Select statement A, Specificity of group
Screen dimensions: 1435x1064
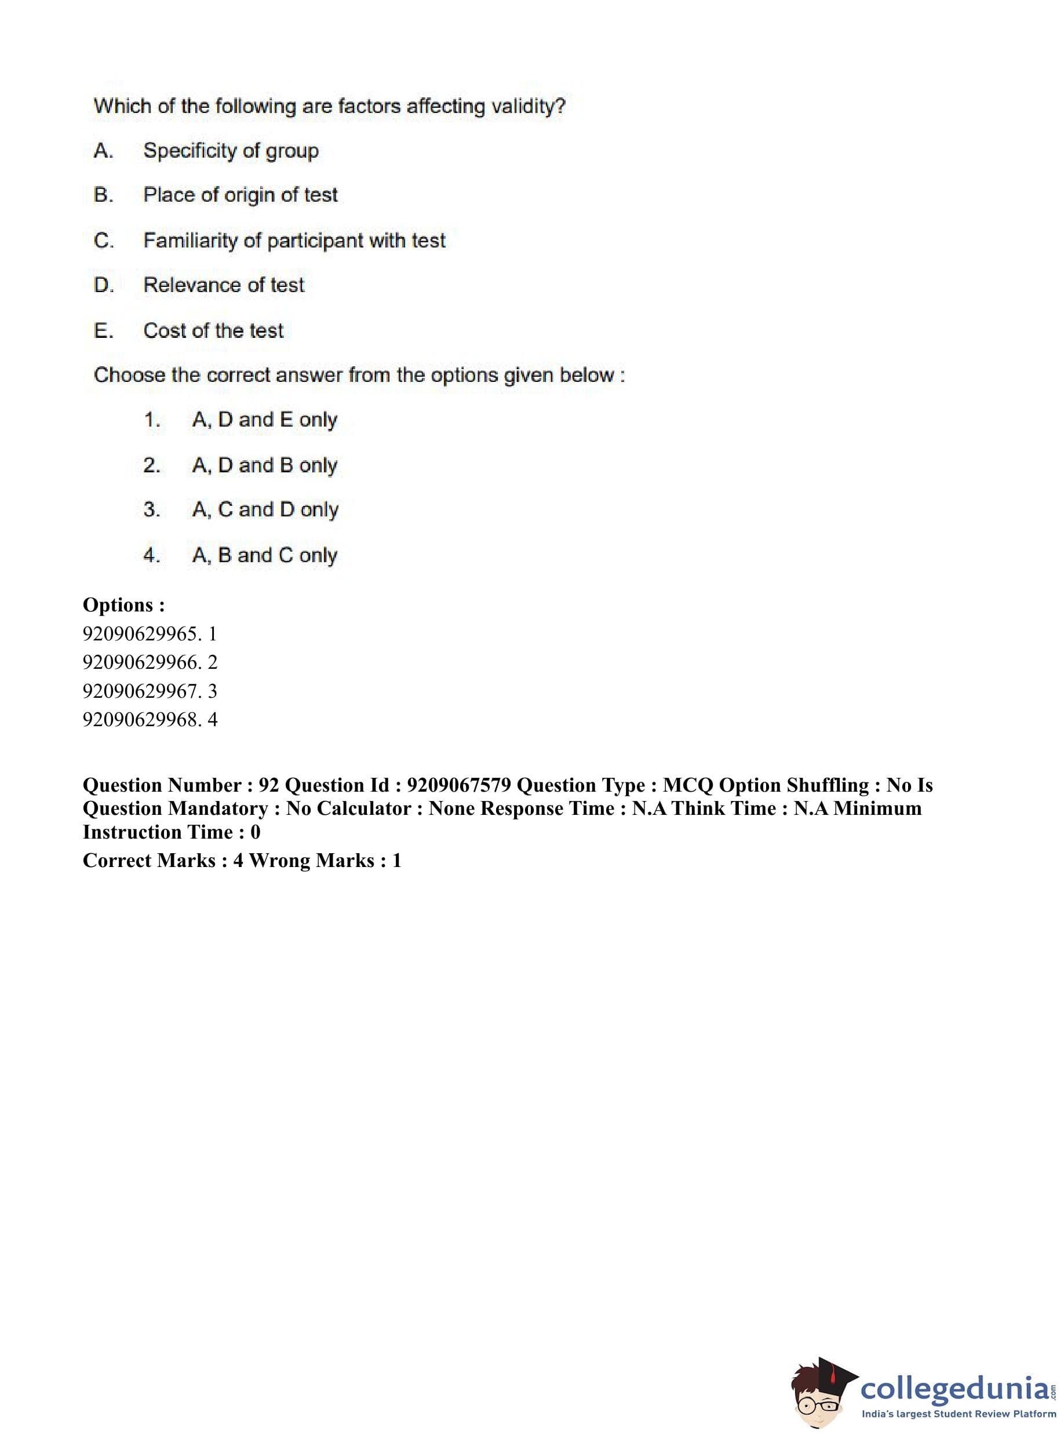click(x=231, y=151)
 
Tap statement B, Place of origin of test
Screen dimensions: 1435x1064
click(x=241, y=195)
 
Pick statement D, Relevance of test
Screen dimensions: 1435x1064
click(x=224, y=285)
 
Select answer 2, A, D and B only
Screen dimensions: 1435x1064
click(x=264, y=465)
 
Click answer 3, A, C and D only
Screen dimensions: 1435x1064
click(x=265, y=509)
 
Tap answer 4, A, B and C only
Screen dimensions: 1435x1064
click(x=264, y=555)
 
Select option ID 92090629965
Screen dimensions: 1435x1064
click(x=140, y=634)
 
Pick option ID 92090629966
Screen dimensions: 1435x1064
click(x=140, y=662)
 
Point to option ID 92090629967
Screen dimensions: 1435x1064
click(x=140, y=691)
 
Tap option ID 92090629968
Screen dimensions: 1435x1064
click(x=140, y=719)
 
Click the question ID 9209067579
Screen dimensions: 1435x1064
click(x=459, y=785)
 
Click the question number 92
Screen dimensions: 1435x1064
click(x=268, y=785)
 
